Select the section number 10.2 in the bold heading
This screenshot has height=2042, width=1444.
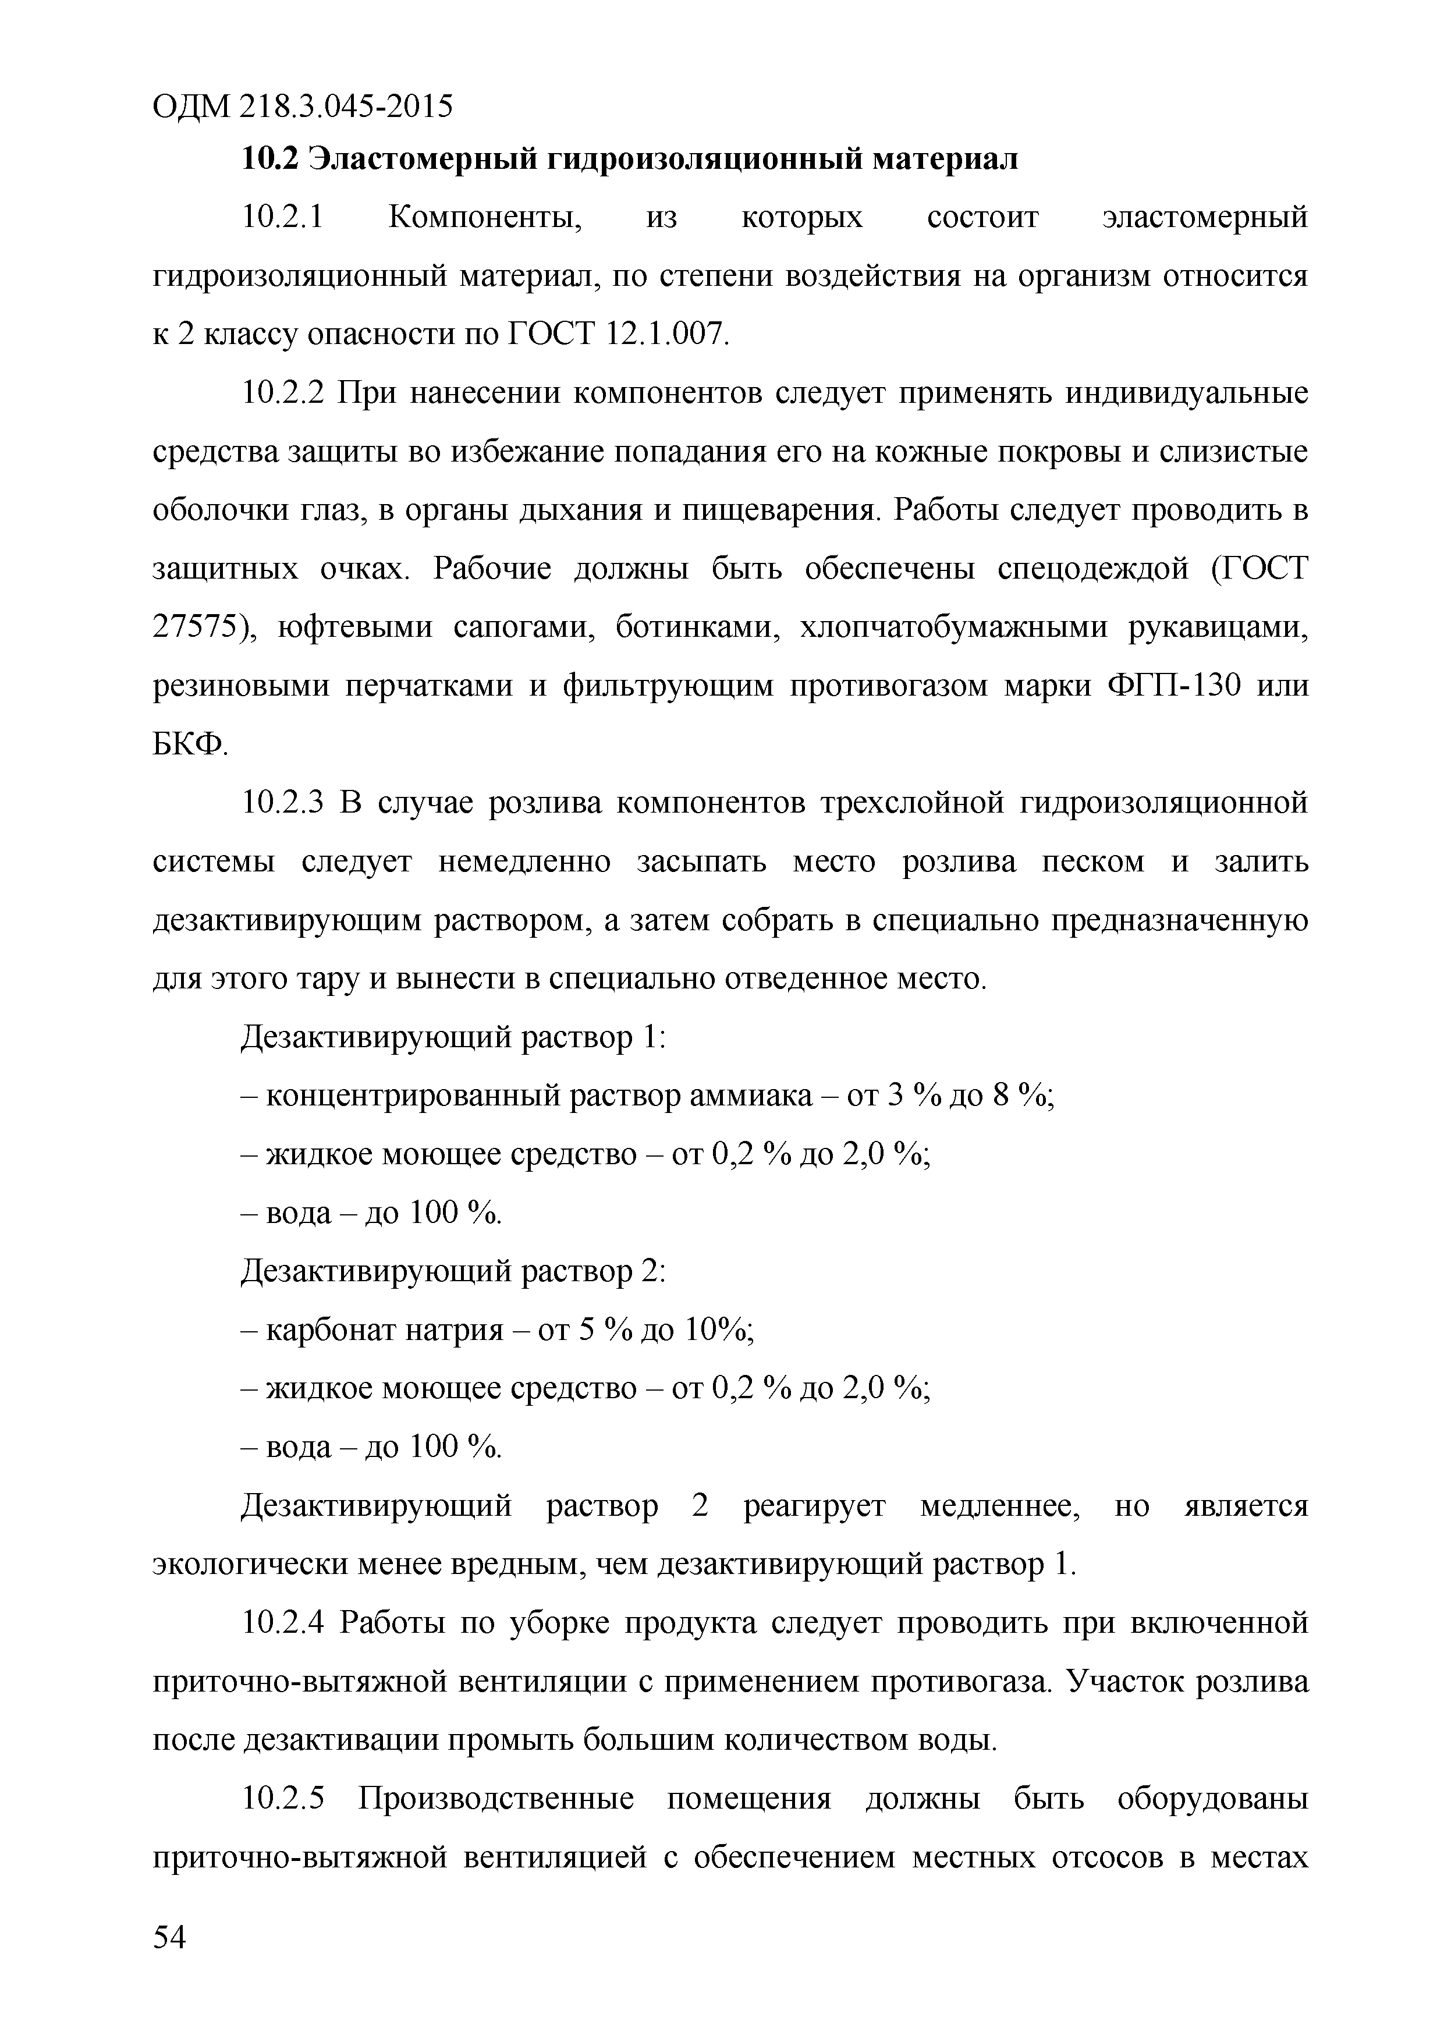268,159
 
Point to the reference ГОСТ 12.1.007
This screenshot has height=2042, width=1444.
616,334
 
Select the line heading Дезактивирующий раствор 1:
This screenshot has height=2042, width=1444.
453,1037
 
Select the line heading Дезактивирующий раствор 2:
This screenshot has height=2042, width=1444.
453,1272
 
